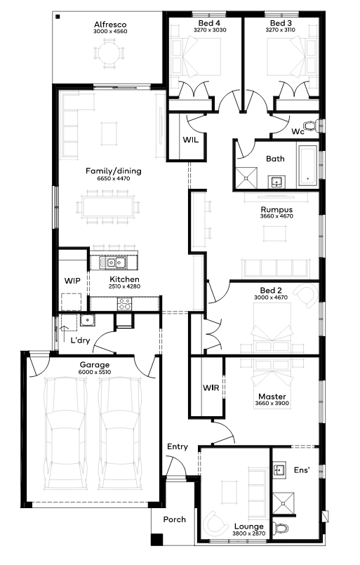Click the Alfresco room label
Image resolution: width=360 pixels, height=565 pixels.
point(110,25)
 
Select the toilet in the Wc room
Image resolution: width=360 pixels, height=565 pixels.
point(310,126)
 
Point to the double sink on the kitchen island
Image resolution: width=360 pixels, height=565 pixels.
point(113,262)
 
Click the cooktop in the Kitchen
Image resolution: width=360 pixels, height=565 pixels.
point(125,304)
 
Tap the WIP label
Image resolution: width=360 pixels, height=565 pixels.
point(72,281)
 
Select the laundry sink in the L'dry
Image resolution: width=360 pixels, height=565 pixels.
point(88,319)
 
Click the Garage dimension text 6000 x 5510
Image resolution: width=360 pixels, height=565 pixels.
point(95,372)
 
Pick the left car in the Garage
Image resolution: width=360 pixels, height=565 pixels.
point(65,433)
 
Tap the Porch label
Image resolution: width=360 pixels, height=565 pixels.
point(175,519)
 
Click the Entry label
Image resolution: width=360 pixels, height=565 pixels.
point(178,447)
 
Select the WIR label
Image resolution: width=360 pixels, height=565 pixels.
point(211,387)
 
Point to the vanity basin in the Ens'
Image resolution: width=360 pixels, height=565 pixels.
point(279,470)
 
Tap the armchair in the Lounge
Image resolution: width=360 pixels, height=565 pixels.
point(215,523)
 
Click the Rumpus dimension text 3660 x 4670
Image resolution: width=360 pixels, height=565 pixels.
point(276,216)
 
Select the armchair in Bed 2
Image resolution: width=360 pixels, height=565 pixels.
point(307,295)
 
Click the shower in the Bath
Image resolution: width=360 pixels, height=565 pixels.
point(246,178)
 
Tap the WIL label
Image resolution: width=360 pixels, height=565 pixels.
point(190,140)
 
